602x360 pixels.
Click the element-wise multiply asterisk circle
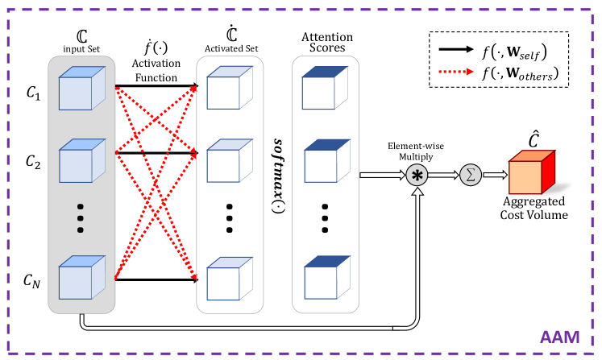(417, 176)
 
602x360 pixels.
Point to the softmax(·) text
(276, 174)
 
